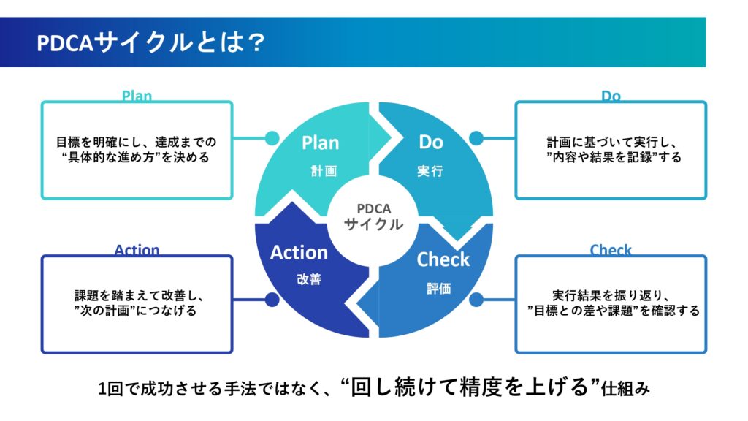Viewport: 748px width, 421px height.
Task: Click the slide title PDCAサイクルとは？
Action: pos(150,43)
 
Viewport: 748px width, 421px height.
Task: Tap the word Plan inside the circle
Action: pos(320,143)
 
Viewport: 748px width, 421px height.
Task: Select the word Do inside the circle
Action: pos(430,142)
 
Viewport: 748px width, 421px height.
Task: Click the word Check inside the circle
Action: pos(443,259)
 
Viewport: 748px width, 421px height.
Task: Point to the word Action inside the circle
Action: pos(299,253)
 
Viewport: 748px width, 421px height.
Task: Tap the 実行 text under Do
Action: pos(430,172)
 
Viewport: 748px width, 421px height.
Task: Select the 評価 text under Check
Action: pos(439,288)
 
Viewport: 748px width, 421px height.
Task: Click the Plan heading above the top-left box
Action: pos(137,96)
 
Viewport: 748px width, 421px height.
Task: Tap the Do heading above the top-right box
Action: pos(611,96)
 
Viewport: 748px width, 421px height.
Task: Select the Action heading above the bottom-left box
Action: pos(137,250)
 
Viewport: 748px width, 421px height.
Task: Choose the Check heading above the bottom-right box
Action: pos(611,250)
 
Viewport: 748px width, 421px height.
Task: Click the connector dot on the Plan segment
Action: pos(272,137)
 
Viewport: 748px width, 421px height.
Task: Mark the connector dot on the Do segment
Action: pos(476,137)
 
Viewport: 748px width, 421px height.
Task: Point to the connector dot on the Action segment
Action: pos(272,299)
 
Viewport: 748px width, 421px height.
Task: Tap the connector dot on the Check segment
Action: pos(476,299)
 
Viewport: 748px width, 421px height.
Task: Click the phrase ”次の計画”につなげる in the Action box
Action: pos(137,311)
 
